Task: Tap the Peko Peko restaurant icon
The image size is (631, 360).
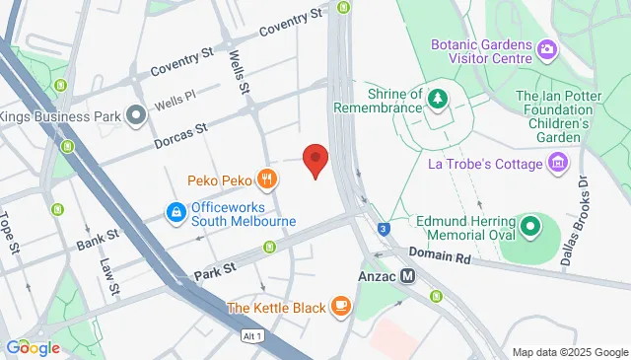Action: (x=266, y=180)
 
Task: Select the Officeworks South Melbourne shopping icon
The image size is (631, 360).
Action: (x=175, y=212)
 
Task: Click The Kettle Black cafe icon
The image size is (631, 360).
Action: (x=341, y=307)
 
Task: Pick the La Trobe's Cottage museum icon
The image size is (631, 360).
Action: (x=560, y=160)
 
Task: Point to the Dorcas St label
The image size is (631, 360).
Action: (x=180, y=135)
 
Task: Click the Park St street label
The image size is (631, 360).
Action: (x=214, y=268)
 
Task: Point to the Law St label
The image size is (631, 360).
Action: (x=109, y=277)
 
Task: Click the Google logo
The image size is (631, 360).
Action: (x=32, y=347)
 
